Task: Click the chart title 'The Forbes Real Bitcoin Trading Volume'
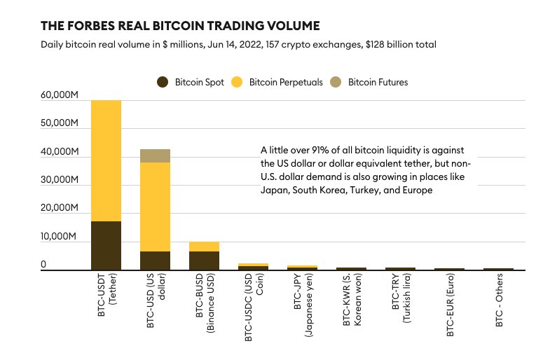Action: pos(180,26)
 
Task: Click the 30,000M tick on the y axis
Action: pos(60,180)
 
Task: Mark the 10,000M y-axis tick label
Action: pos(60,237)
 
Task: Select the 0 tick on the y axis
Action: pos(43,265)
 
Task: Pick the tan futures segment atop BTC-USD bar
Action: pos(155,155)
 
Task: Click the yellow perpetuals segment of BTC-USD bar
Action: pos(155,207)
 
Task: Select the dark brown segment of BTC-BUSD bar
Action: pos(204,260)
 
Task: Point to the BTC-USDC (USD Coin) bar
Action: pos(253,266)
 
